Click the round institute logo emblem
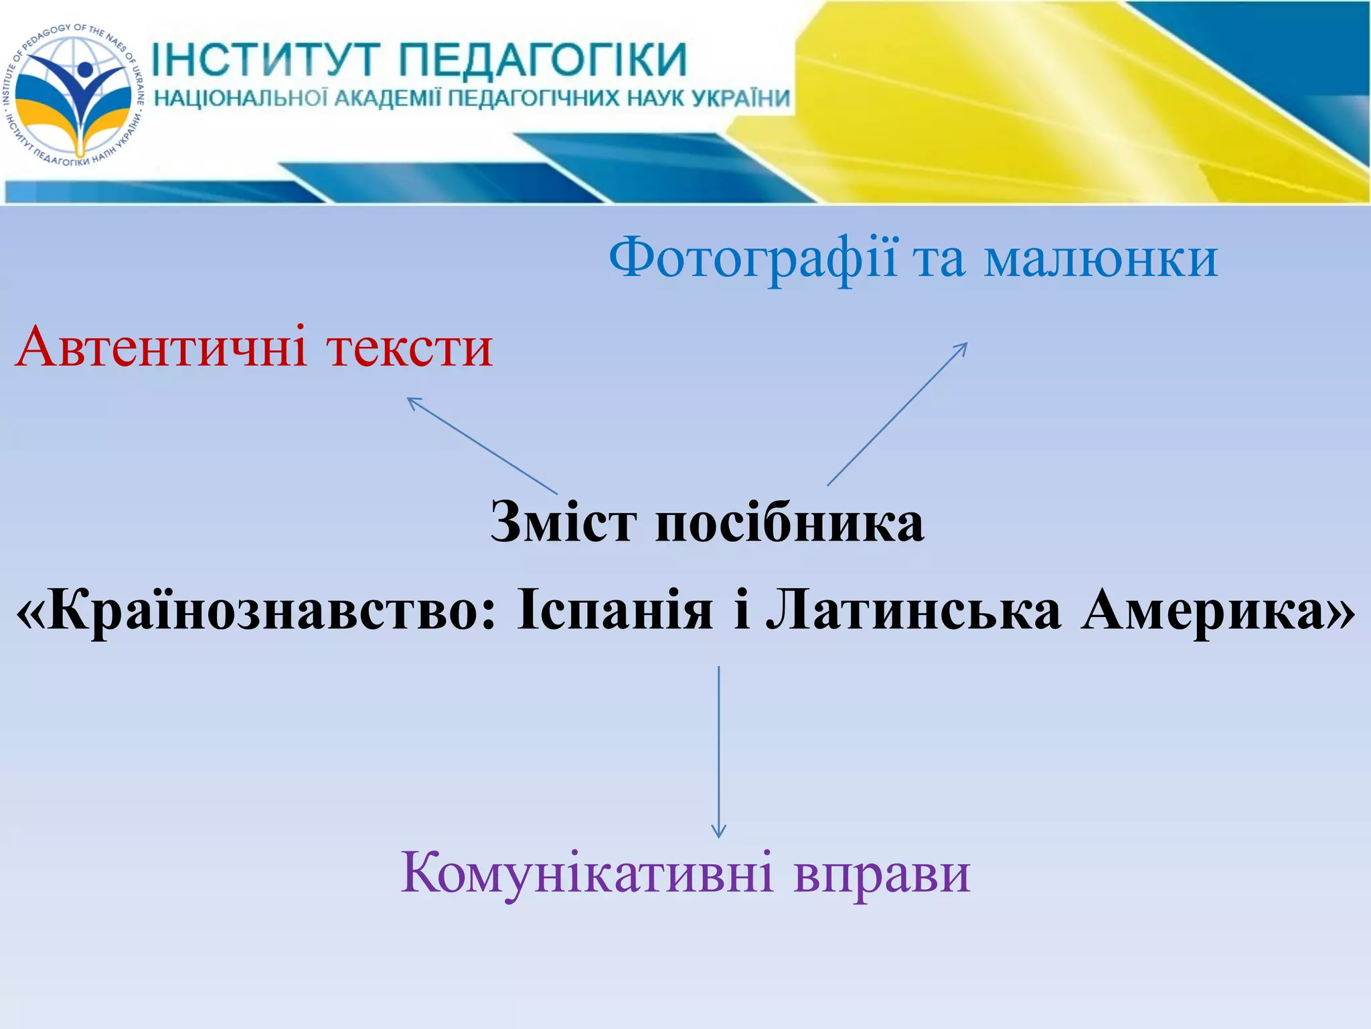point(74,93)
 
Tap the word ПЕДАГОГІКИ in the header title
point(543,60)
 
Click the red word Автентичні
point(161,348)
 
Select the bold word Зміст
point(563,522)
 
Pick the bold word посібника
point(790,522)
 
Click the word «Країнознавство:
point(257,611)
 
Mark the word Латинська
point(914,611)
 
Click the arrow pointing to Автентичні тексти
point(482,445)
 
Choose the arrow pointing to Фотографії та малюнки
point(897,414)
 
